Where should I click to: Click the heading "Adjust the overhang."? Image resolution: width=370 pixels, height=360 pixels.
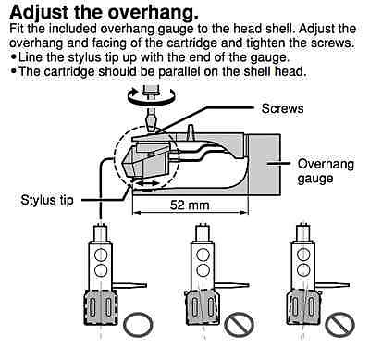(104, 12)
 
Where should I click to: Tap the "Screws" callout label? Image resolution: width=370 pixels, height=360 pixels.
(282, 108)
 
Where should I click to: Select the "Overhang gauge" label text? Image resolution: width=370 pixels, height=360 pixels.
(326, 171)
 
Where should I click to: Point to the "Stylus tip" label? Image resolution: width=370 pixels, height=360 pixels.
(47, 200)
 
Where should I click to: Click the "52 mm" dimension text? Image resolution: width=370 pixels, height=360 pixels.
(190, 205)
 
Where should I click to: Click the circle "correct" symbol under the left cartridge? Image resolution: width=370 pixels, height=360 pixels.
(138, 325)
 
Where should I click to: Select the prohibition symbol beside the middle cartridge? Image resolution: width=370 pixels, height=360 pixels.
(239, 325)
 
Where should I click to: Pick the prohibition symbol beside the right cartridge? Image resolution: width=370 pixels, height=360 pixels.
(340, 325)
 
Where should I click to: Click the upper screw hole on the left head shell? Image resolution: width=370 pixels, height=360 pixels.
(101, 255)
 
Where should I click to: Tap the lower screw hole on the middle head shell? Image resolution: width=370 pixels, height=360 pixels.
(203, 270)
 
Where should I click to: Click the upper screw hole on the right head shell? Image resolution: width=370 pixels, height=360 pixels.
(303, 255)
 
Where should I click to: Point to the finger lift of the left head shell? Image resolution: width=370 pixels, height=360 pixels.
(129, 285)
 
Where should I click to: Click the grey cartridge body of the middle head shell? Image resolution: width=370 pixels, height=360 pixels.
(203, 307)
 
